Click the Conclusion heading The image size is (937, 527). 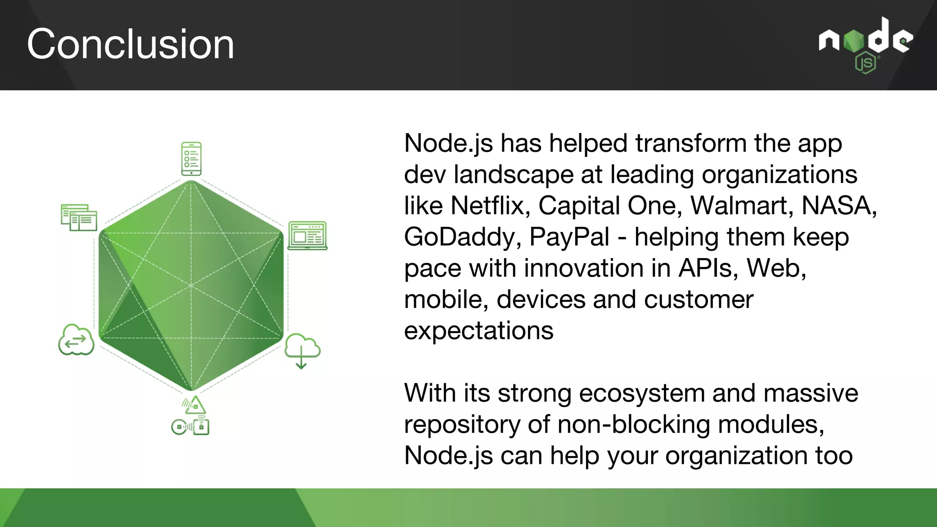[x=130, y=44]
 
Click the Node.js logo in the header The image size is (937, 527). [x=866, y=44]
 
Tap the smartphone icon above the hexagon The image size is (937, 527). [x=191, y=159]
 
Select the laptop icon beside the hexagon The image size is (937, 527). [x=307, y=236]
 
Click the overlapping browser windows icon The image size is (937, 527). [x=79, y=218]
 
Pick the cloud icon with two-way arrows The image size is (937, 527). [x=76, y=340]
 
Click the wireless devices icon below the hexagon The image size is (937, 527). [x=191, y=416]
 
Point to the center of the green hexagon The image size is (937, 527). [x=191, y=285]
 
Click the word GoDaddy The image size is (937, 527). [x=463, y=237]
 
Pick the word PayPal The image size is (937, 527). [x=569, y=237]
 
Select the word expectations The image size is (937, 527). [x=479, y=331]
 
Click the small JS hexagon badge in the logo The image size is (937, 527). [x=865, y=64]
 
